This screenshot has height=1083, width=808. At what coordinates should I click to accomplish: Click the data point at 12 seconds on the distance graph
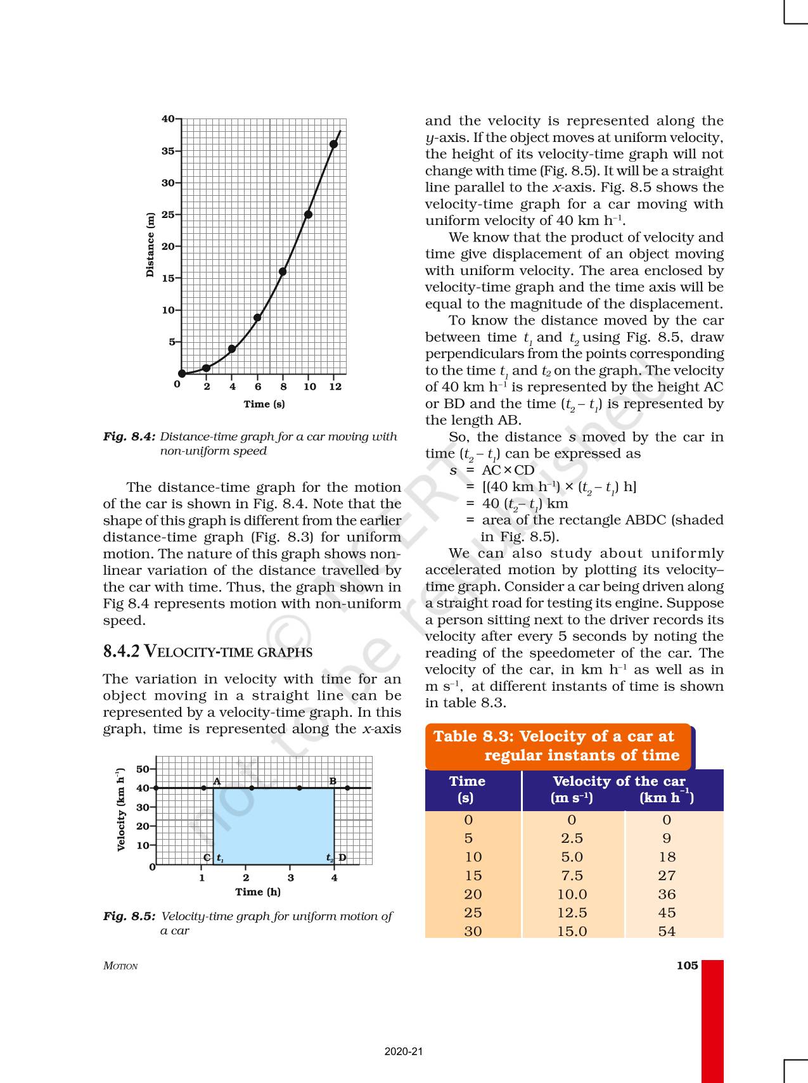click(x=334, y=144)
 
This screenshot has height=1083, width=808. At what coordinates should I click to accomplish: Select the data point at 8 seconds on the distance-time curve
click(x=283, y=272)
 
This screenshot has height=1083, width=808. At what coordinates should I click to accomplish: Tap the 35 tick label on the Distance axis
click(x=167, y=151)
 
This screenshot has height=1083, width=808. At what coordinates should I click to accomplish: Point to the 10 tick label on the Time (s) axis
click(x=309, y=387)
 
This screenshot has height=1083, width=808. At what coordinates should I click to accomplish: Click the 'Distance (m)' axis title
click(x=150, y=245)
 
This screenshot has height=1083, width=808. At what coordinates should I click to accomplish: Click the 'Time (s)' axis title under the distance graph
click(x=264, y=404)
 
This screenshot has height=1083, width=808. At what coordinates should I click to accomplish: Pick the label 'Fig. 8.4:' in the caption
click(x=129, y=437)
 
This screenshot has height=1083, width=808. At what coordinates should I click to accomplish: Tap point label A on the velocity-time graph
click(x=217, y=781)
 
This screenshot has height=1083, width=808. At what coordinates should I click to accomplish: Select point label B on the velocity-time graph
click(x=333, y=781)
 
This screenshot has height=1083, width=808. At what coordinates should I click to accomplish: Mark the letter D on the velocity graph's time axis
click(x=342, y=857)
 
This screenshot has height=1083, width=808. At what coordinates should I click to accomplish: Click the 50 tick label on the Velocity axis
click(x=142, y=769)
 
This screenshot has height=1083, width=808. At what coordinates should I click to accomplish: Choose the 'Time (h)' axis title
click(x=258, y=892)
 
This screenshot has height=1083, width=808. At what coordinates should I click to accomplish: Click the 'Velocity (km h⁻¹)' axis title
click(x=121, y=809)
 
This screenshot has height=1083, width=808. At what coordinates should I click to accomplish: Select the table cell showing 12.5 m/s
click(x=572, y=913)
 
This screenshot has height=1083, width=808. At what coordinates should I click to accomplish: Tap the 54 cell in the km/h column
click(x=667, y=931)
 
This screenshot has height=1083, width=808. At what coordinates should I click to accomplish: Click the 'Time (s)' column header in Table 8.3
click(x=467, y=790)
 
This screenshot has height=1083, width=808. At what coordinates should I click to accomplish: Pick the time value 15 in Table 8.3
click(x=473, y=875)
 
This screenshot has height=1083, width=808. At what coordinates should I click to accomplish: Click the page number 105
click(x=687, y=965)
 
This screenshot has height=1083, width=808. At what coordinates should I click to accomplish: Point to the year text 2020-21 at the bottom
click(x=403, y=1051)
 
